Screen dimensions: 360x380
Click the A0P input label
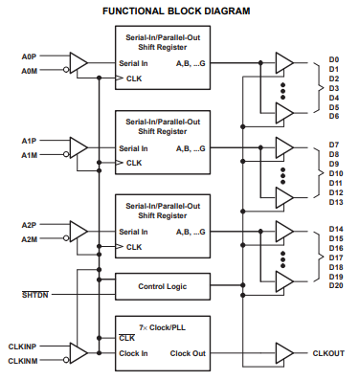click(29, 56)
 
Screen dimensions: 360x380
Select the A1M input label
click(29, 155)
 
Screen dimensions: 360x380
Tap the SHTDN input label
click(35, 295)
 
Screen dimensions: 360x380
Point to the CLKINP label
click(22, 346)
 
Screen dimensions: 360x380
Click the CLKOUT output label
click(328, 353)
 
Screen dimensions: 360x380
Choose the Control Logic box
click(163, 286)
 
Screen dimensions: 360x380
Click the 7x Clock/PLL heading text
click(162, 327)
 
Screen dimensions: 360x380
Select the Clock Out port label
click(188, 353)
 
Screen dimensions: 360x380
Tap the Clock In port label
click(133, 353)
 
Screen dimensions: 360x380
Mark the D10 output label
click(336, 173)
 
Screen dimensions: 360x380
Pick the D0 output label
click(334, 59)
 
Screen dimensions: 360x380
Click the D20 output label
click(336, 285)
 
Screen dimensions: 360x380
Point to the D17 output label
click(336, 257)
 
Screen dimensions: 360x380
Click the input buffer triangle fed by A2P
click(79, 232)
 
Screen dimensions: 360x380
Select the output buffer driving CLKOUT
click(284, 353)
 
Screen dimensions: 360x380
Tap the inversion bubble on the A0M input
click(66, 70)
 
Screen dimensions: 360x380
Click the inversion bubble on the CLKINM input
click(66, 360)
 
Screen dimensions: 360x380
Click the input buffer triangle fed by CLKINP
click(79, 353)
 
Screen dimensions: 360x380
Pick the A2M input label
click(29, 239)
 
